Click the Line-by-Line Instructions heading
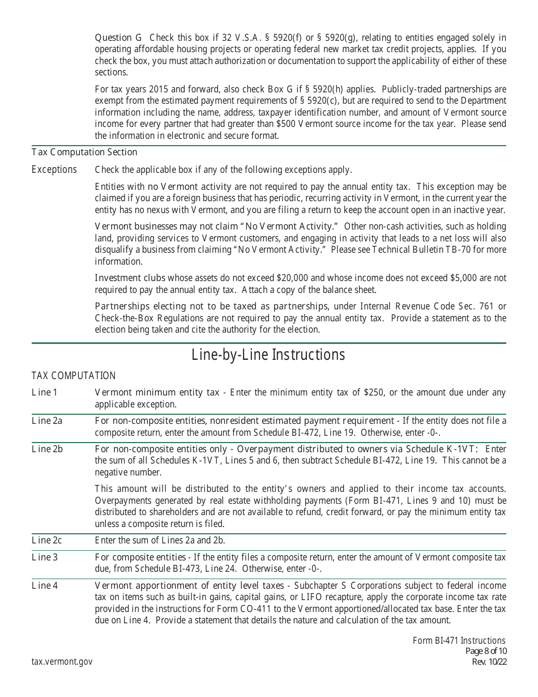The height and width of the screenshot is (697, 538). point(268,355)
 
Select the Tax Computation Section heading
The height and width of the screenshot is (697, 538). point(84,152)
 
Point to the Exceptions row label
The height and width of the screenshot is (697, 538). point(54,170)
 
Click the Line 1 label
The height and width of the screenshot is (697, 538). point(45,393)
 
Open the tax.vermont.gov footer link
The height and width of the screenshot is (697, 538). point(62,661)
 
